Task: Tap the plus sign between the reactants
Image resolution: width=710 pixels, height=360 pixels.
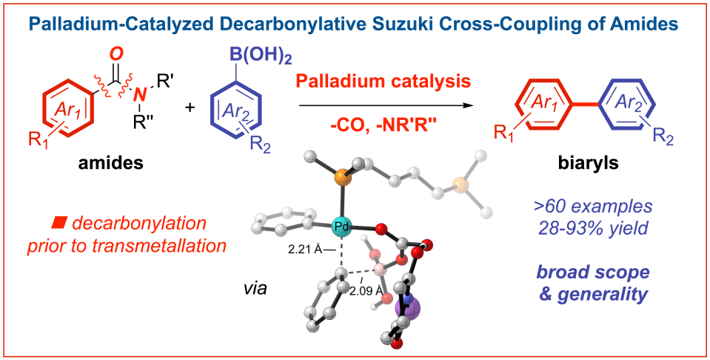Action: click(x=189, y=107)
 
